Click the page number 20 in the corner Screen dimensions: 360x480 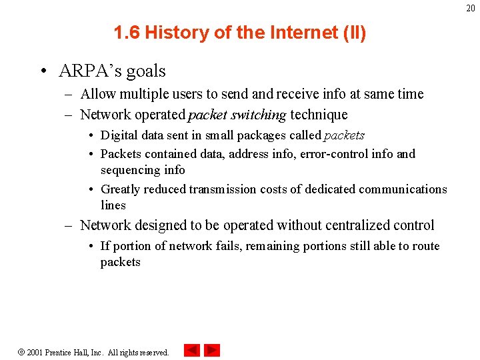pos(470,8)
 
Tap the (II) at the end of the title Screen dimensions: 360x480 pos(353,33)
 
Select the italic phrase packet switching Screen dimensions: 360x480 pos(237,115)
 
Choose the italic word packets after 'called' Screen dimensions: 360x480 pos(345,135)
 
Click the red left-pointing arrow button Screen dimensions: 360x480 pos(192,350)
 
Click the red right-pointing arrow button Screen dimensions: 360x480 pos(212,350)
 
